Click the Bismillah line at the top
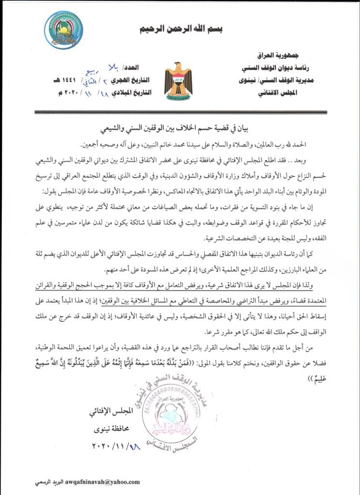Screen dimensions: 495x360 pyautogui.click(x=180, y=29)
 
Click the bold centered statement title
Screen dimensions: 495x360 pyautogui.click(x=180, y=130)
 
